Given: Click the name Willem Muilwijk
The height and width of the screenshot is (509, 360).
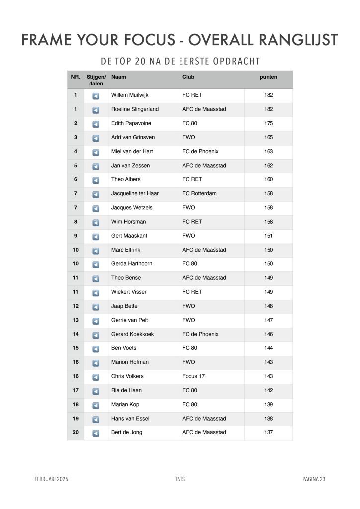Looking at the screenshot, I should pos(130,95).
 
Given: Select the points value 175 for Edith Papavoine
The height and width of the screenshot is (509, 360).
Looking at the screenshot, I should pos(269,123).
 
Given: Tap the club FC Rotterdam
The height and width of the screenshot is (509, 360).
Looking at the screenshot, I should pos(199,193).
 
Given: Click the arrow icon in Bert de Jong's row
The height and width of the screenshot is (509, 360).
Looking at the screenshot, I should pos(96,433).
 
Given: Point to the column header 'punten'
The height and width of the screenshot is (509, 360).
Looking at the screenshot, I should pos(269,77).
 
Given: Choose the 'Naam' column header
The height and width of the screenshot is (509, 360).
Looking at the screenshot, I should pos(118,77).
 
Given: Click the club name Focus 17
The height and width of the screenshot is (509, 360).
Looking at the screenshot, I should pos(193,376).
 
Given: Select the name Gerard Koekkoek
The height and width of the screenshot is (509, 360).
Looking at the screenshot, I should pos(132,334).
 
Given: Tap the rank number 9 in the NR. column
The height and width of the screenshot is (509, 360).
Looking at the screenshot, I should pos(75,236).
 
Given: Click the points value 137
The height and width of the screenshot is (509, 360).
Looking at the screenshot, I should pos(269,432).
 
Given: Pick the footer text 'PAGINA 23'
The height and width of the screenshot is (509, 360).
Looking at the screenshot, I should pos(313,479).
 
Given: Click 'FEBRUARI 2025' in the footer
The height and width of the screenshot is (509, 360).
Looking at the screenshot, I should pos(51,479).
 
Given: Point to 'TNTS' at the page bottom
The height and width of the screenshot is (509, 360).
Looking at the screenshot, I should pos(180,479).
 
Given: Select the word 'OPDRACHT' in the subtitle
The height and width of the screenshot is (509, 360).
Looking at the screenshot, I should pos(238,61).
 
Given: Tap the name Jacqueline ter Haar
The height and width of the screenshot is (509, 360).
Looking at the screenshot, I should pos(135,193).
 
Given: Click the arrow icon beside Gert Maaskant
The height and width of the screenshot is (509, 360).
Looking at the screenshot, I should pos(96,236).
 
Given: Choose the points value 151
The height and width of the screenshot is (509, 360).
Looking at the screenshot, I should pos(269,236).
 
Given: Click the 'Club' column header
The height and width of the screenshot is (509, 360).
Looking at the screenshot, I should pos(188,77).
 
